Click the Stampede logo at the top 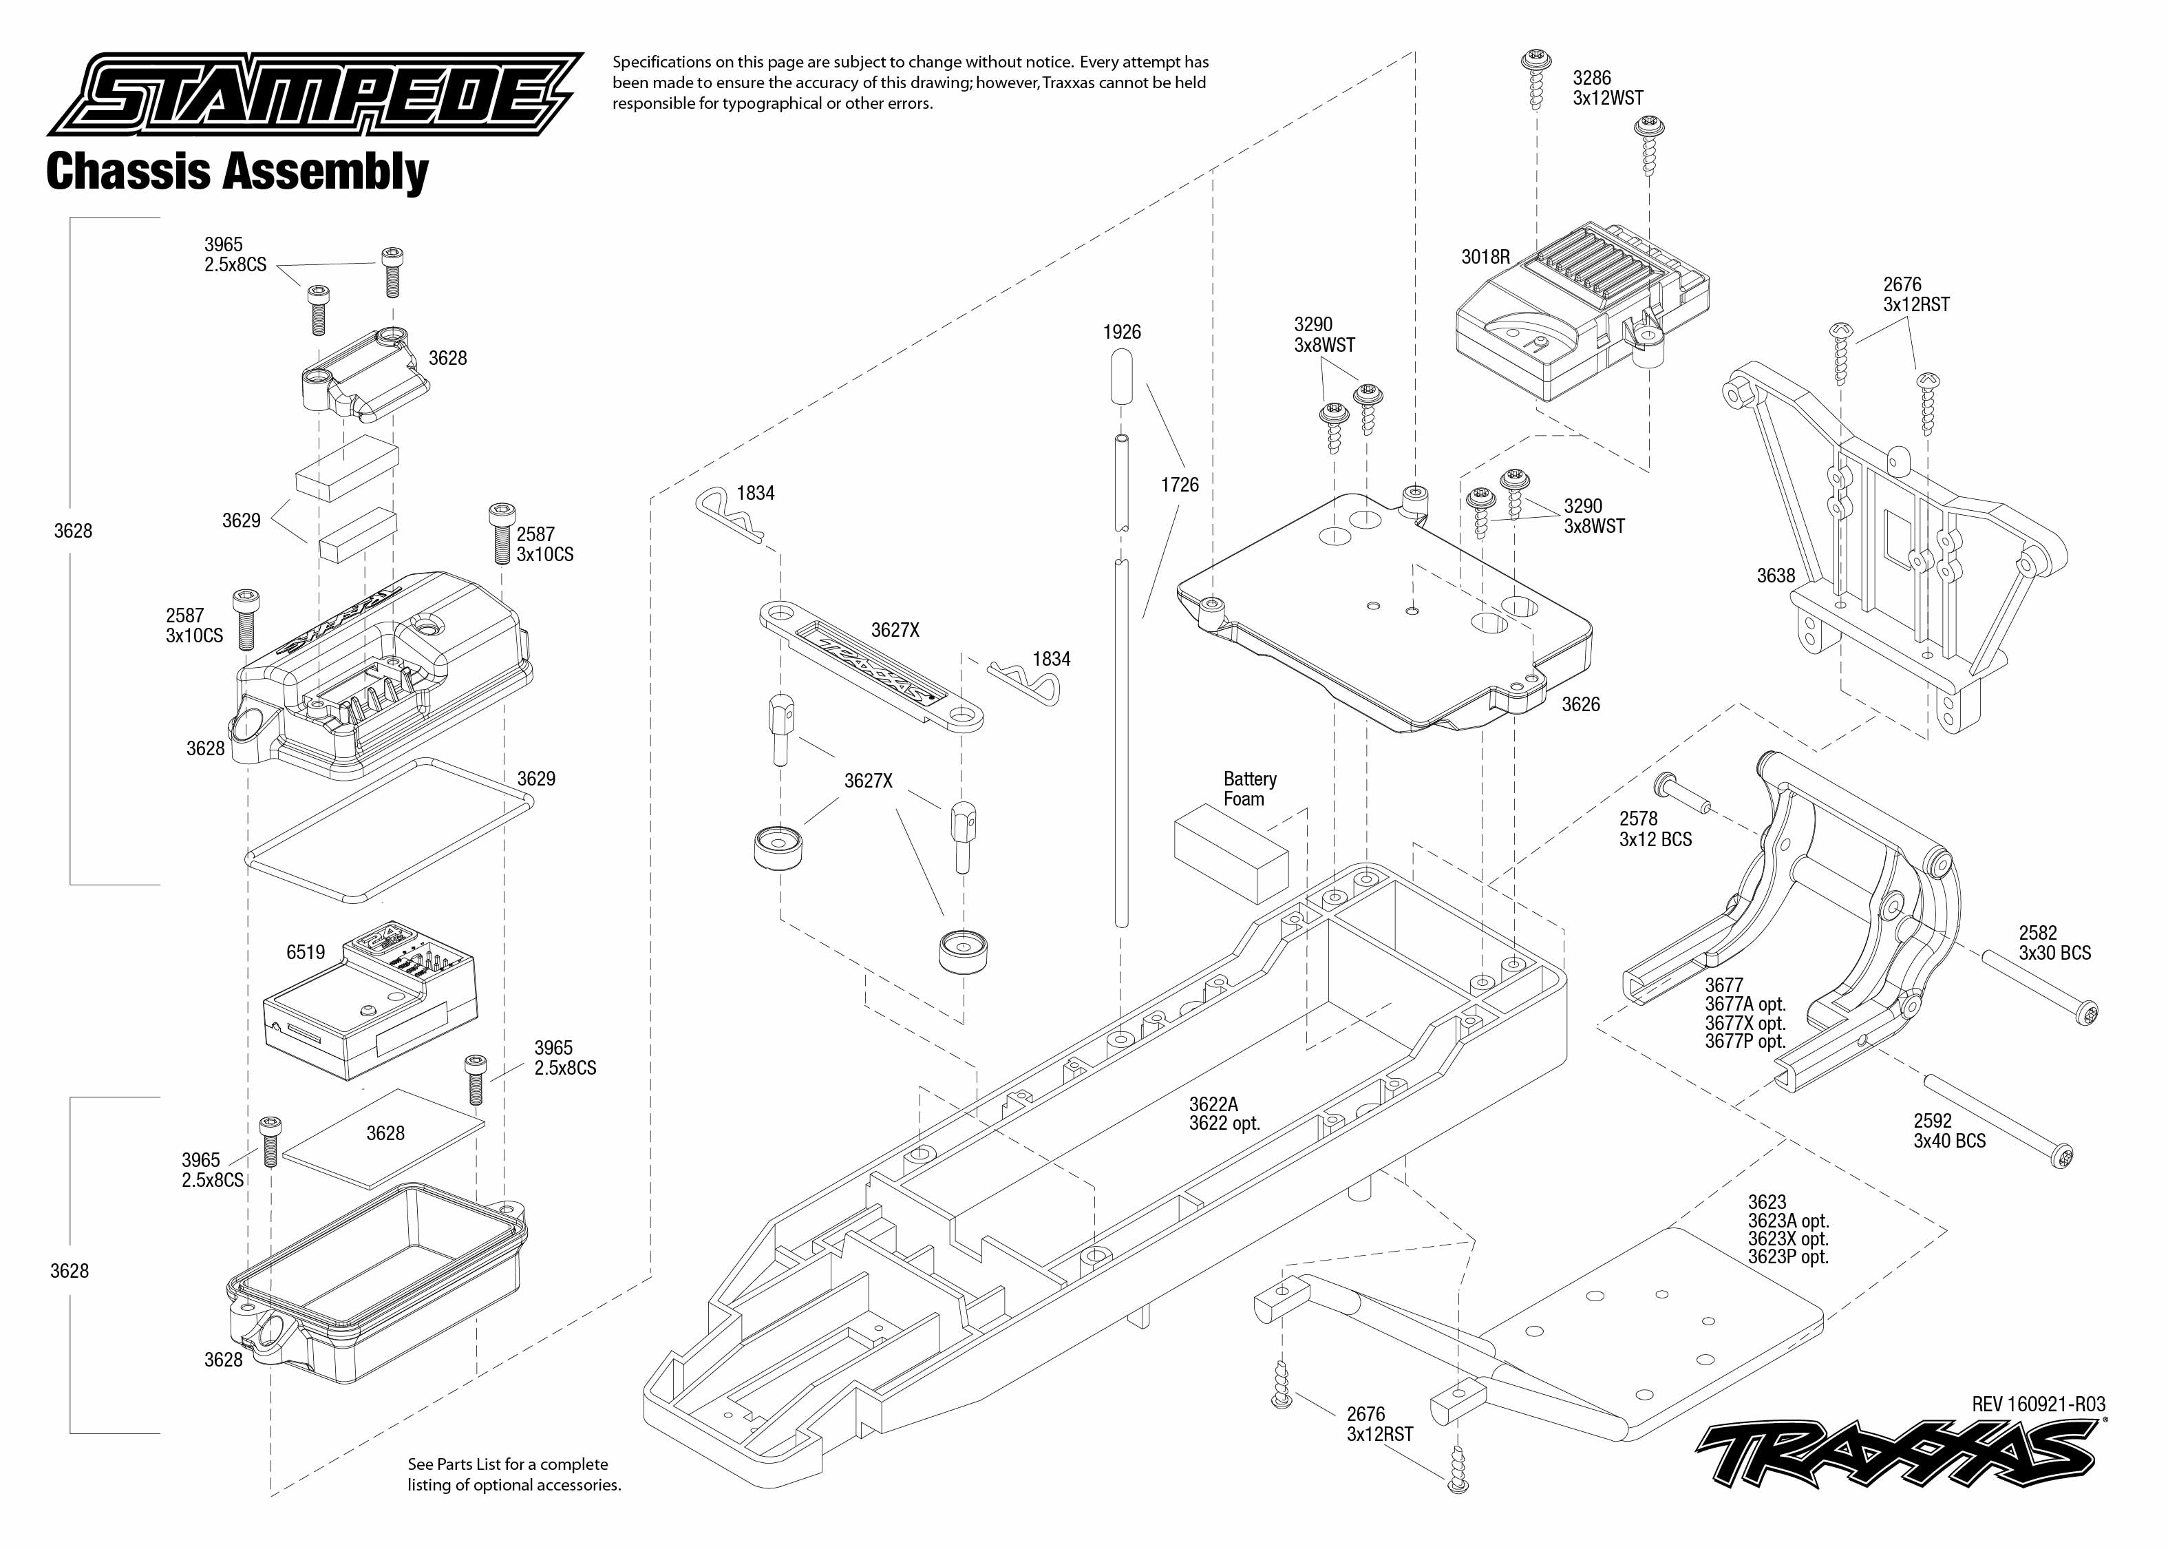(x=315, y=96)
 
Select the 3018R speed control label (x=1485, y=257)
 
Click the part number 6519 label (x=305, y=952)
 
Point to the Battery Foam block (x=1231, y=853)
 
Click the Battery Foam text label (x=1249, y=789)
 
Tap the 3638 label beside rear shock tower (x=1775, y=575)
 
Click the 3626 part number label (x=1580, y=704)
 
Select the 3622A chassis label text (x=1213, y=1104)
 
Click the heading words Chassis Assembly (x=237, y=173)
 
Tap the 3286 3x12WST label (x=1607, y=87)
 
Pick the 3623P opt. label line (x=1787, y=1257)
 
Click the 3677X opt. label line (x=1745, y=1022)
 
